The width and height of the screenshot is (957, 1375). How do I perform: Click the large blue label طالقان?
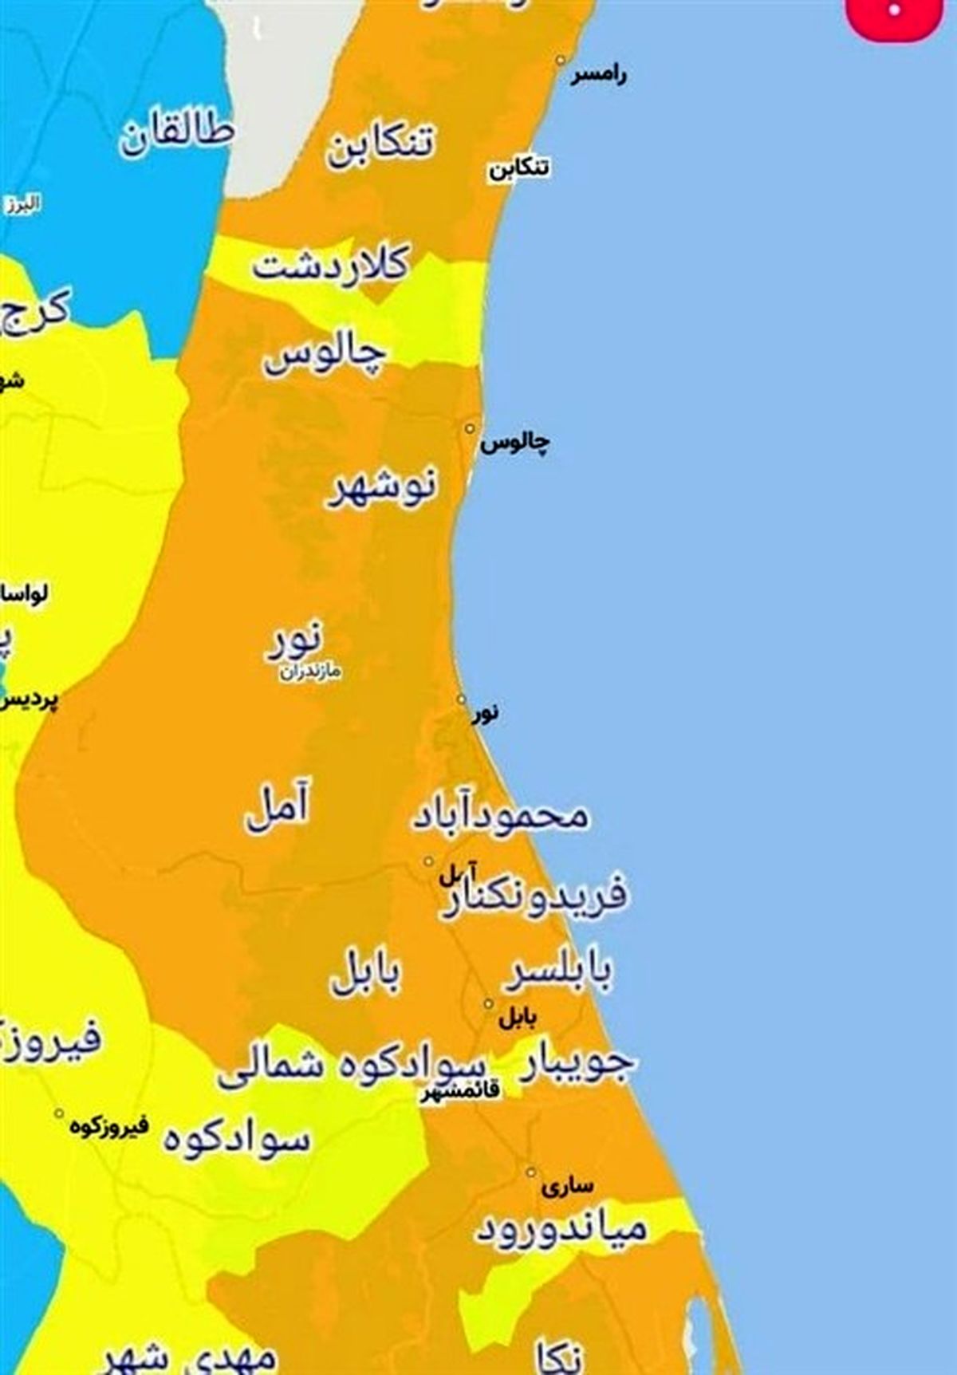tap(177, 135)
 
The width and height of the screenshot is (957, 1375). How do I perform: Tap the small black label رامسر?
tap(598, 76)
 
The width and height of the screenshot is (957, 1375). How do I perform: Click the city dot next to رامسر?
tap(561, 61)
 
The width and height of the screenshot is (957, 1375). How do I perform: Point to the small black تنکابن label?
tap(519, 168)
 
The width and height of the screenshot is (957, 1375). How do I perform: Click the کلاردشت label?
tap(331, 264)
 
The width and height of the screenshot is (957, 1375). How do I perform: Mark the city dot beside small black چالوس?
tap(471, 429)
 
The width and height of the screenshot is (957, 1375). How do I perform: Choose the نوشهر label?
tap(384, 487)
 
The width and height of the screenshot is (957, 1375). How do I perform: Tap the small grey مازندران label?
tap(310, 672)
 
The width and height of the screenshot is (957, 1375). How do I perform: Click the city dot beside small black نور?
tap(462, 699)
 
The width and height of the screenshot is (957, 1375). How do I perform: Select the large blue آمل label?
tap(277, 809)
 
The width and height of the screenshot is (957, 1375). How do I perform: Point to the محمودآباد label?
tap(500, 816)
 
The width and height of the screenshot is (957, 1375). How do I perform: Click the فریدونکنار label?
tap(534, 897)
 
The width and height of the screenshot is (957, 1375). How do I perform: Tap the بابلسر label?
tap(561, 971)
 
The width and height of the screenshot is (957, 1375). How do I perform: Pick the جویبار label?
tap(577, 1062)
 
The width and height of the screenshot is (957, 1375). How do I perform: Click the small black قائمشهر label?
tap(461, 1089)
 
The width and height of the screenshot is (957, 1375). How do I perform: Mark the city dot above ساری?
tap(530, 1172)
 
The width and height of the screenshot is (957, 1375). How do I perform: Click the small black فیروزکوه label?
tap(109, 1127)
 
